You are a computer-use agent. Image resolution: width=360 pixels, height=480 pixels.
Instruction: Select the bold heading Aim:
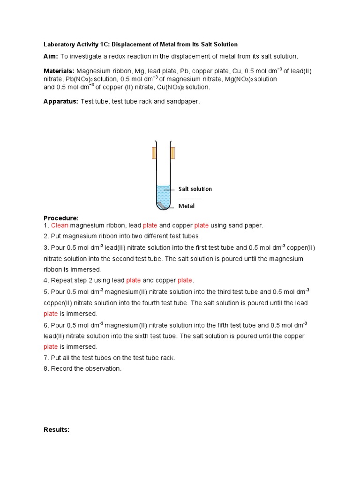pyautogui.click(x=51, y=56)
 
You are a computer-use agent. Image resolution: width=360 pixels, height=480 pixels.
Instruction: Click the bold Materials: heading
pyautogui.click(x=59, y=71)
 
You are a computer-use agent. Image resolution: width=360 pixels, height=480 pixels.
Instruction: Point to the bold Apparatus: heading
pyautogui.click(x=61, y=101)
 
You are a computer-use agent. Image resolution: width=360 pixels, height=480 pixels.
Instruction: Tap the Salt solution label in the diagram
pyautogui.click(x=195, y=189)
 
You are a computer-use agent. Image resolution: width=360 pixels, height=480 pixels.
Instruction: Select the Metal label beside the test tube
pyautogui.click(x=186, y=206)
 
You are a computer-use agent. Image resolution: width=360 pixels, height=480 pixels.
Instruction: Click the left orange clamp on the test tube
pyautogui.click(x=154, y=153)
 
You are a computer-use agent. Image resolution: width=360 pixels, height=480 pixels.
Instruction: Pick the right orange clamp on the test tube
pyautogui.click(x=173, y=153)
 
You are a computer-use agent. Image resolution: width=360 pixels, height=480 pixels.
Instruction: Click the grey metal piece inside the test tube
pyautogui.click(x=161, y=204)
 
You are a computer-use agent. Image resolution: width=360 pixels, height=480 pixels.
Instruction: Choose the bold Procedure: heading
pyautogui.click(x=61, y=218)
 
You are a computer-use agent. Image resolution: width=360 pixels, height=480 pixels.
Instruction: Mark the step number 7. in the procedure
pyautogui.click(x=46, y=358)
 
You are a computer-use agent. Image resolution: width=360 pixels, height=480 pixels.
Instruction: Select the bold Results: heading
pyautogui.click(x=56, y=429)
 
